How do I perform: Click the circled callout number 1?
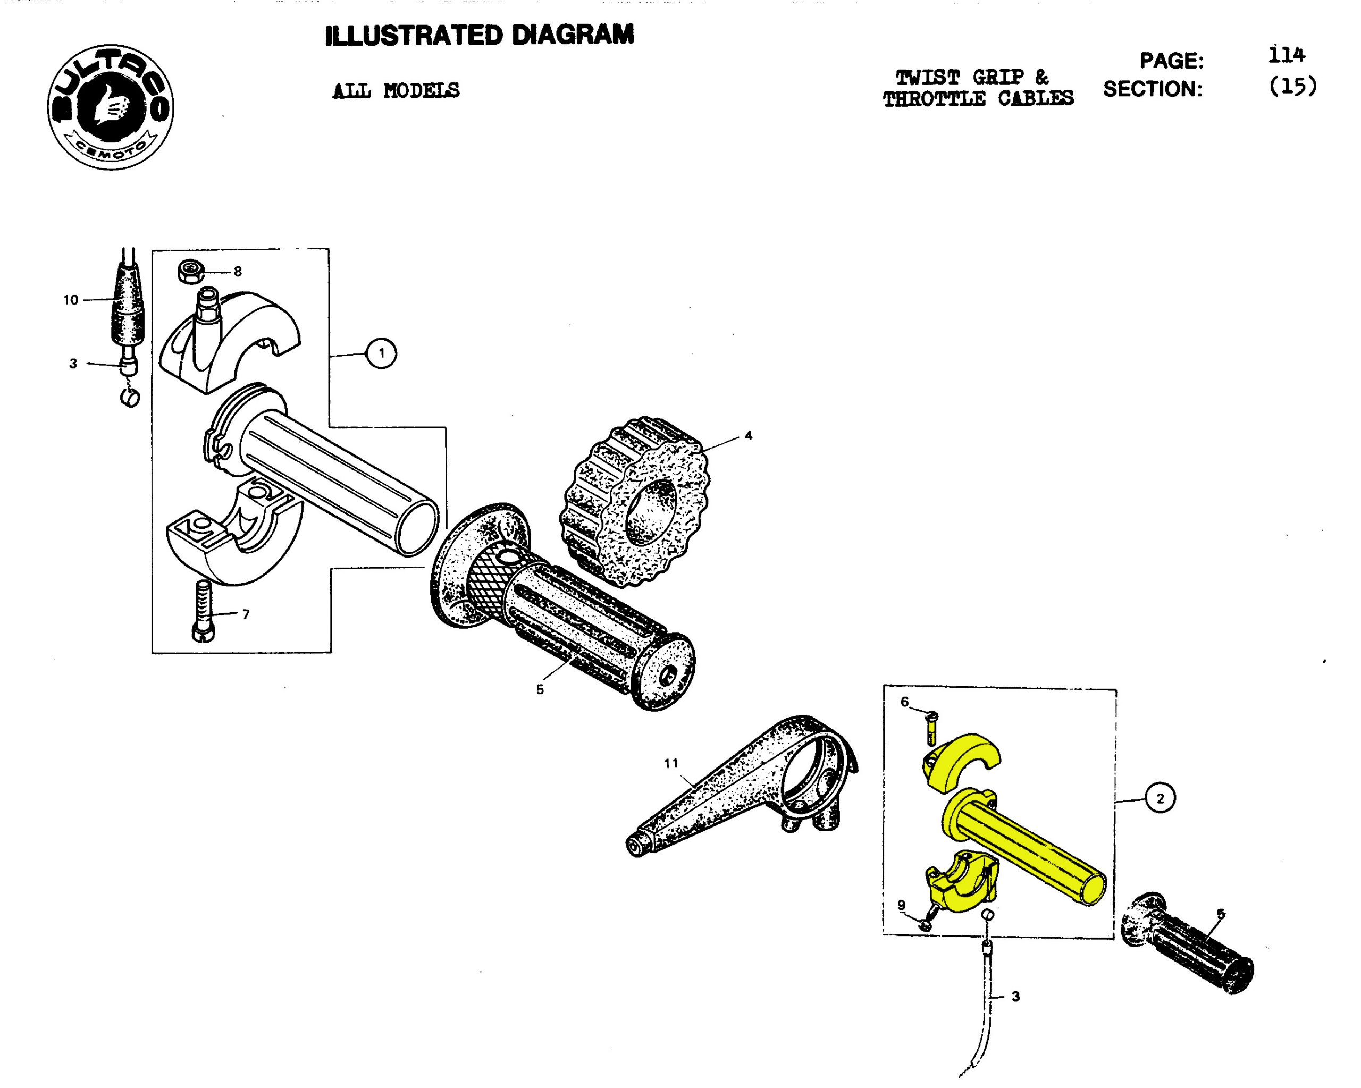[381, 353]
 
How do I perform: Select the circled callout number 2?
[1160, 798]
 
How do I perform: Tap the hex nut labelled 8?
[190, 272]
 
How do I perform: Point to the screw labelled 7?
[202, 611]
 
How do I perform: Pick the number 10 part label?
[71, 300]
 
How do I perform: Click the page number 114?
[1286, 55]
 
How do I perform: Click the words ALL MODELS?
[396, 91]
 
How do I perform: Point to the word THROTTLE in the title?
[934, 99]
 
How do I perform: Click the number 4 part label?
[748, 435]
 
